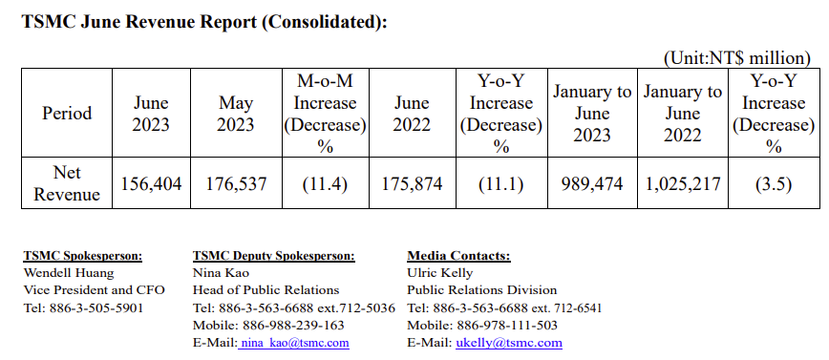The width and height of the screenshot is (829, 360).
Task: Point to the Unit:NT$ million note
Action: pyautogui.click(x=741, y=58)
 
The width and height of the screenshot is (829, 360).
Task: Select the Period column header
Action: pyautogui.click(x=67, y=113)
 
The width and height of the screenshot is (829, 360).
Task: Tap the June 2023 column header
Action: pyautogui.click(x=151, y=113)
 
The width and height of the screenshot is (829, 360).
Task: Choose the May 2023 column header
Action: pyautogui.click(x=236, y=113)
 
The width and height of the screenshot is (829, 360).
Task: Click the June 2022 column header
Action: pyautogui.click(x=413, y=113)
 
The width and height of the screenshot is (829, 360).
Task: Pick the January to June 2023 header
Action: pyautogui.click(x=592, y=113)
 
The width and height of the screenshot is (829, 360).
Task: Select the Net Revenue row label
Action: pyautogui.click(x=67, y=182)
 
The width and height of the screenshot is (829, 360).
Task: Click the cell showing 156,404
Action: pyautogui.click(x=151, y=183)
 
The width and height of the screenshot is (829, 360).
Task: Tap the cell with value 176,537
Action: pyautogui.click(x=236, y=183)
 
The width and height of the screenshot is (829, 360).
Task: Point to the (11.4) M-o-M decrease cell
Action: pyautogui.click(x=325, y=183)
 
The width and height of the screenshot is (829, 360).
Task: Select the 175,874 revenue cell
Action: pyautogui.click(x=413, y=183)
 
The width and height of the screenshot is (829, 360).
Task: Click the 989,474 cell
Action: pyautogui.click(x=592, y=183)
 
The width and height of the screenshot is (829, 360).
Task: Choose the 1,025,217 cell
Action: pyautogui.click(x=683, y=183)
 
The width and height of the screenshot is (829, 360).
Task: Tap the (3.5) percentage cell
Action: pyautogui.click(x=774, y=183)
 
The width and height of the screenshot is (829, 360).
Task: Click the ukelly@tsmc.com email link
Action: pyautogui.click(x=508, y=342)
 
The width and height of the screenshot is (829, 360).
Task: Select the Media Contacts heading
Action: pyautogui.click(x=458, y=256)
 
